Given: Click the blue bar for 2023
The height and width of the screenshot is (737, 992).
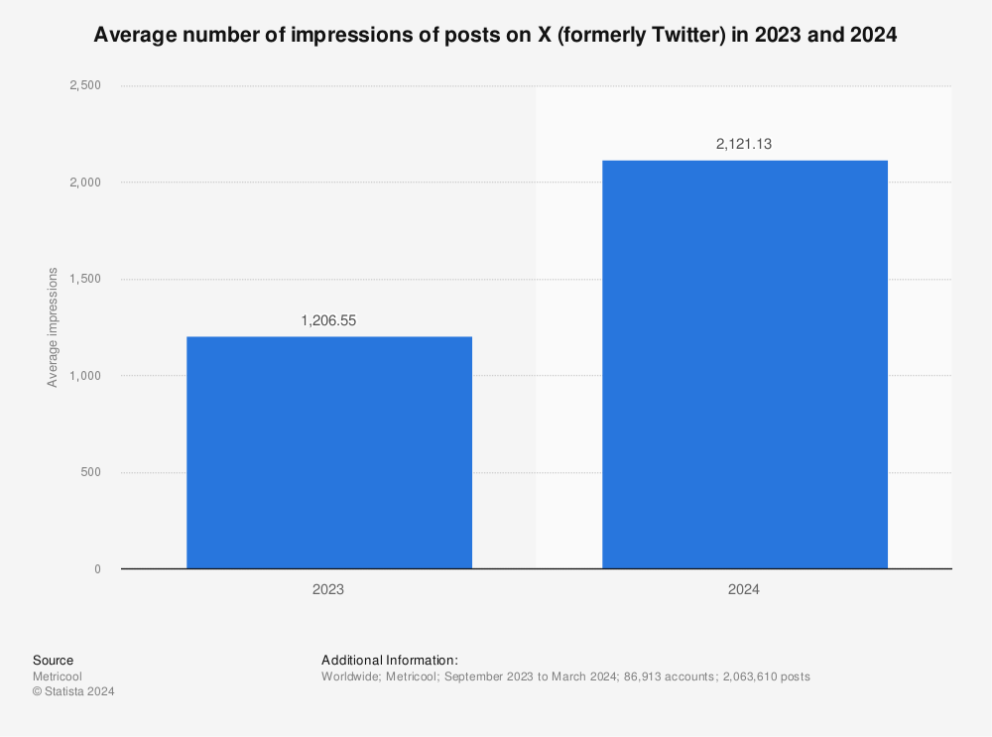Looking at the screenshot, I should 328,452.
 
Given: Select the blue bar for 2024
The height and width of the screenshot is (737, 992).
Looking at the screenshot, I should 744,364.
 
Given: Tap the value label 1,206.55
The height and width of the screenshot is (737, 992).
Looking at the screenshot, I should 328,321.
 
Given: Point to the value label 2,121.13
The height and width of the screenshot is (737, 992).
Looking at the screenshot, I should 744,145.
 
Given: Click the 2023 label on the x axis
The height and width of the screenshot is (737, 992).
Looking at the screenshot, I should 328,589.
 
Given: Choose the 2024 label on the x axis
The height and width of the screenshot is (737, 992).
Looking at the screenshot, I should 744,589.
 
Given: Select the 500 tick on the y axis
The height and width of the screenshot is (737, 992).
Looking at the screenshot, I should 90,472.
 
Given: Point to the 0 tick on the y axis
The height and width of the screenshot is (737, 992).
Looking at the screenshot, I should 97,569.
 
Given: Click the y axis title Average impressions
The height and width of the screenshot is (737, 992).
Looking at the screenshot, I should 53,327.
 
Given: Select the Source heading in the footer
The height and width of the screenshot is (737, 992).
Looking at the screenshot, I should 53,661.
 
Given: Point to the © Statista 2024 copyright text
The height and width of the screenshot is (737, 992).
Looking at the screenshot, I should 73,692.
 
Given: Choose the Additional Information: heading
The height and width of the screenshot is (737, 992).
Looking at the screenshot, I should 389,661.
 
